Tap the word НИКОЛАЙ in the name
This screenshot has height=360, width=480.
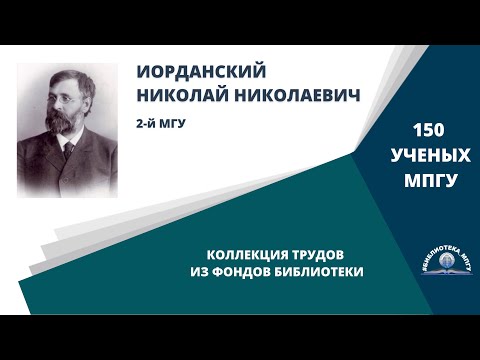tap(180, 99)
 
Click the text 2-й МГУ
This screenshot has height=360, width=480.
tap(164, 126)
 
